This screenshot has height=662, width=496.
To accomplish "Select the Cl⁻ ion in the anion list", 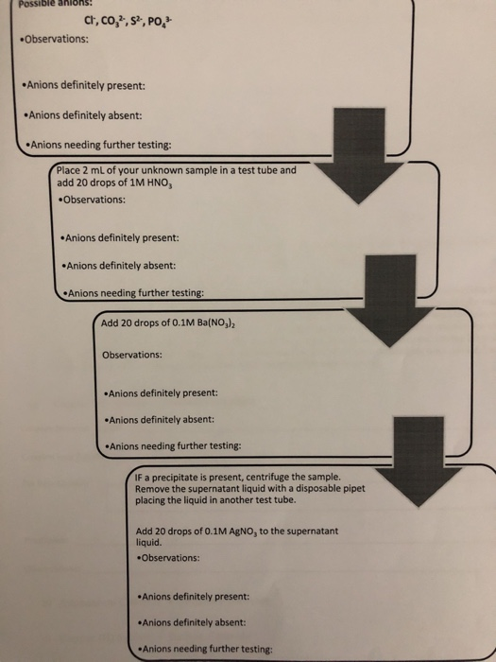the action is pos(90,21).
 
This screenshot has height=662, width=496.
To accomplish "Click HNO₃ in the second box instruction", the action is pos(161,184).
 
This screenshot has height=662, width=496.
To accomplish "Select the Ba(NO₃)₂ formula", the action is pos(216,324).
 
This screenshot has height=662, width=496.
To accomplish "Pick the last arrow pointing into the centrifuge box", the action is pos(419,462).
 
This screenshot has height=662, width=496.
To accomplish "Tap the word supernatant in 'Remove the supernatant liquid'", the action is pos(189,489).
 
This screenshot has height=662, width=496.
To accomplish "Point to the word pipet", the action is pos(355,489).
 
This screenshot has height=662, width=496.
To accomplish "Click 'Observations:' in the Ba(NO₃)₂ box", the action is pos(132,355).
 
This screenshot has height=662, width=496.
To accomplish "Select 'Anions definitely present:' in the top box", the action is pos(85,86).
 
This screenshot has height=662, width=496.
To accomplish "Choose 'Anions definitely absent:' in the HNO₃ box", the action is pos(118,266).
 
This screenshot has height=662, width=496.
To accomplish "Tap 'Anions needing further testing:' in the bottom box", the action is pos(205,649).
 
